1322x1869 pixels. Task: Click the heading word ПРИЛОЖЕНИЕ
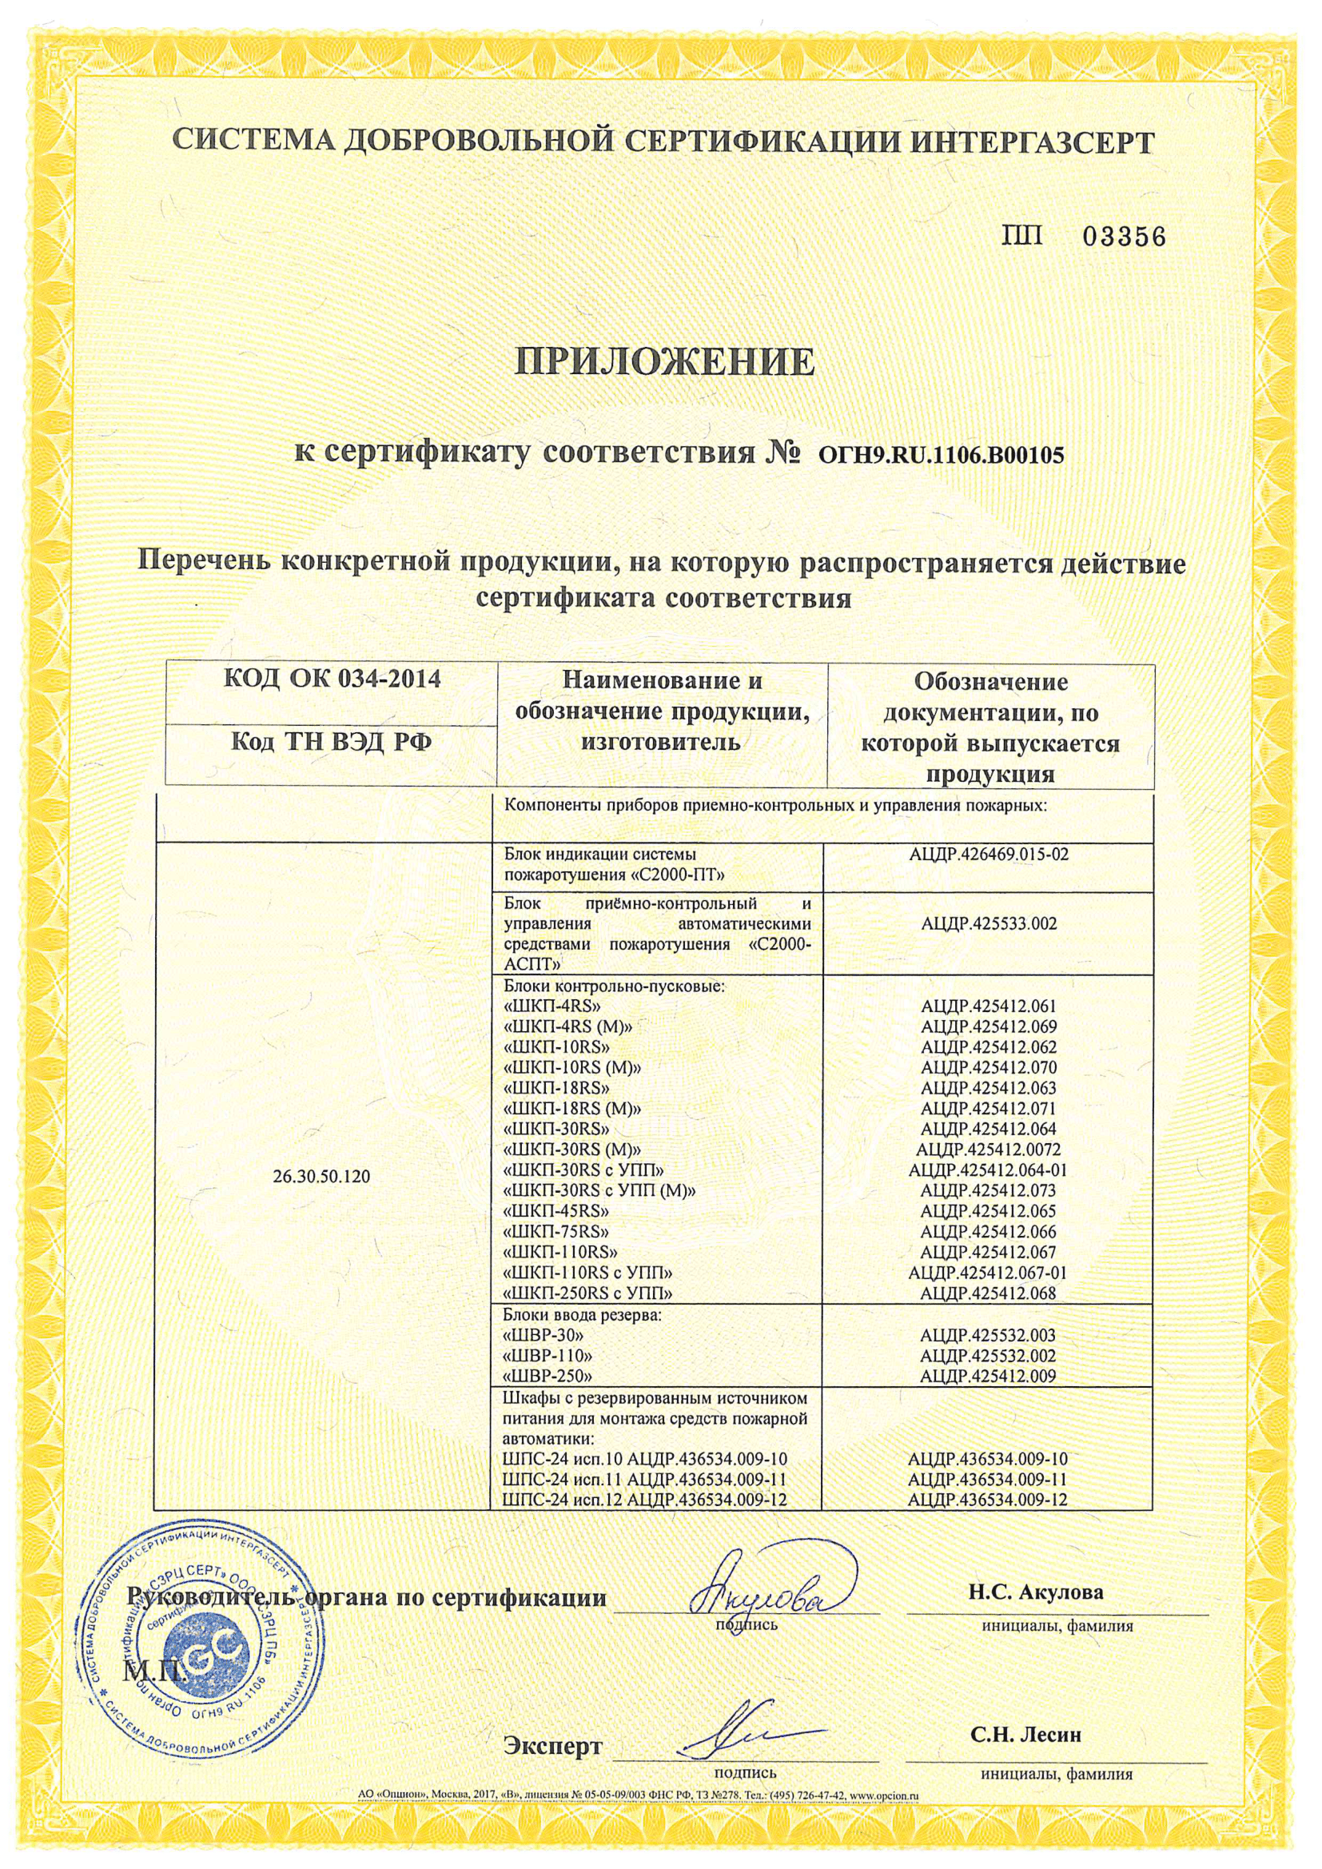[665, 361]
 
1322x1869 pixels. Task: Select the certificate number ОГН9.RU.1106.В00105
[934, 456]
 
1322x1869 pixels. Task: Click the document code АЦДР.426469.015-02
[988, 854]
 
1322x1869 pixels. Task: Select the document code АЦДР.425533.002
[988, 924]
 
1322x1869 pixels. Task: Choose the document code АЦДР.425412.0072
[988, 1150]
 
